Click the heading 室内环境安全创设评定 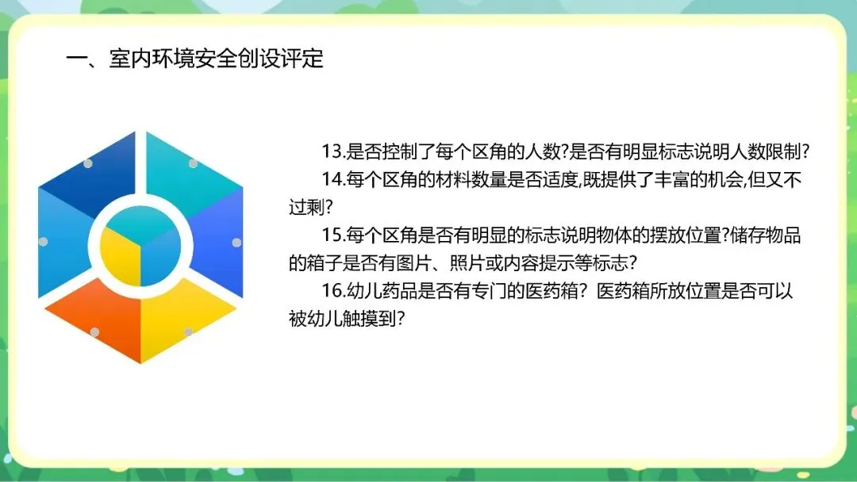click(x=216, y=59)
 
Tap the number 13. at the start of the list click(x=333, y=151)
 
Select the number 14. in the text click(x=333, y=180)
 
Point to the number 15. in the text click(x=333, y=235)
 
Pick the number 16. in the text click(x=333, y=291)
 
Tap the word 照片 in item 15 click(x=467, y=263)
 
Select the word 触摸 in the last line click(x=360, y=319)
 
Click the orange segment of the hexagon click(x=94, y=316)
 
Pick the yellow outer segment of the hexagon click(x=186, y=316)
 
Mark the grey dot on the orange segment click(x=94, y=332)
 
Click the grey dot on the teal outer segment click(x=193, y=163)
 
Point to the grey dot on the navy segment click(x=88, y=163)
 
